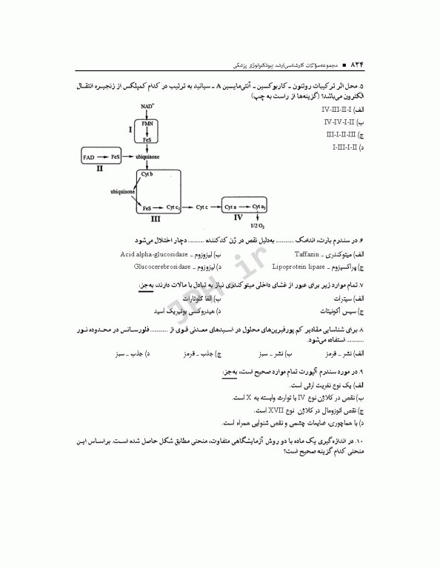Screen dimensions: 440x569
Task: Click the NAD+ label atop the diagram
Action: click(147, 107)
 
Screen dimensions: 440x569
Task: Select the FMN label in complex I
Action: click(147, 123)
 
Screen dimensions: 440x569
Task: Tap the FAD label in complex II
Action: click(89, 157)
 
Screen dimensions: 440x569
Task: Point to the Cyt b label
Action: click(146, 174)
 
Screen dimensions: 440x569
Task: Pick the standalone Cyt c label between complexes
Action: click(204, 208)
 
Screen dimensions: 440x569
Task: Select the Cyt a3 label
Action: click(259, 208)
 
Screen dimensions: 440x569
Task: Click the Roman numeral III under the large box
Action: click(156, 219)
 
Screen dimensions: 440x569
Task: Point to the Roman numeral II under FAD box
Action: click(99, 169)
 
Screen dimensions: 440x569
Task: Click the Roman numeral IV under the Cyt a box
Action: click(238, 219)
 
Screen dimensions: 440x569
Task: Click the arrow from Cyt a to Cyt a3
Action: click(245, 208)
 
